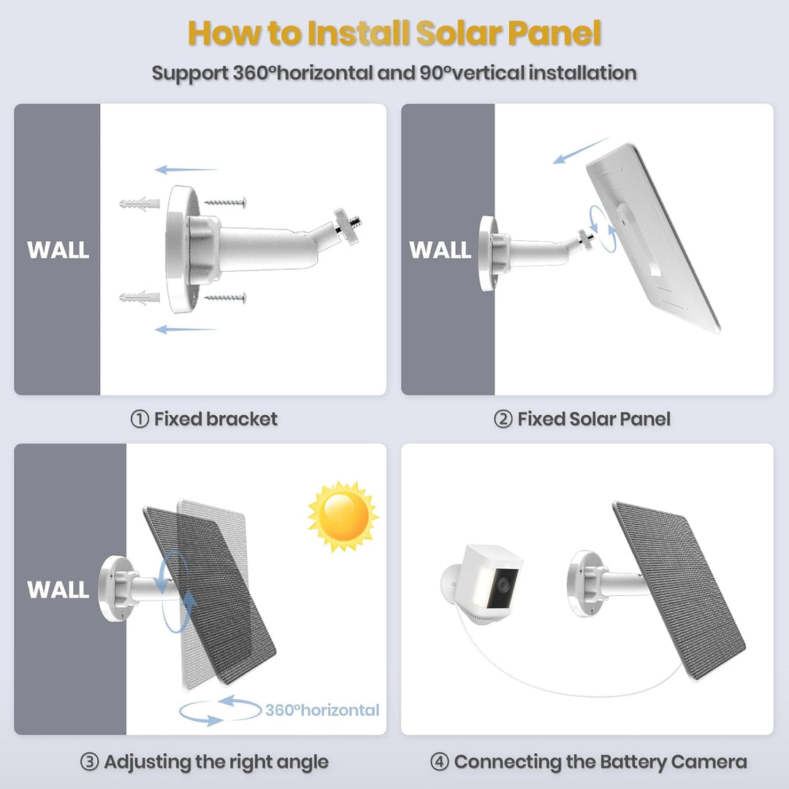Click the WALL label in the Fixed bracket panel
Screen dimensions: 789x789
pos(58,250)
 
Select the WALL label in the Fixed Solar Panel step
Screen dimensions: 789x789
pos(440,250)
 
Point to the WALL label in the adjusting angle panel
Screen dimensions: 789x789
pos(58,590)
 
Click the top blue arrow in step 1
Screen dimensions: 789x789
pos(186,170)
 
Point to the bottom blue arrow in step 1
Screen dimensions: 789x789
pos(186,329)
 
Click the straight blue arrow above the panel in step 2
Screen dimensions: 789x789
pos(581,150)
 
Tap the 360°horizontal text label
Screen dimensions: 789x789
pos(322,710)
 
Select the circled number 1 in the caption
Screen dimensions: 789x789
pos(140,419)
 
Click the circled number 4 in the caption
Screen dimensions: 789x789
pos(439,762)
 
